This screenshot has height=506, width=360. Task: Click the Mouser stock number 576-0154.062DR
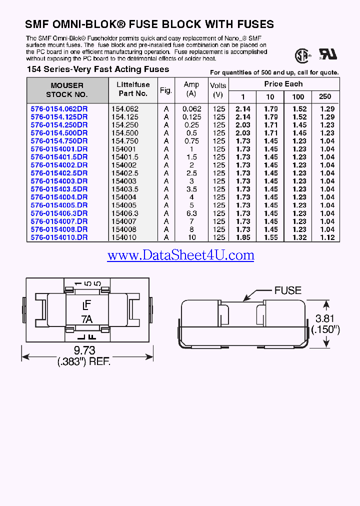click(59, 108)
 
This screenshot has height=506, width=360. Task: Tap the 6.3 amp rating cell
click(191, 213)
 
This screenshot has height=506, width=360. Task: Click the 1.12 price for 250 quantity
click(327, 237)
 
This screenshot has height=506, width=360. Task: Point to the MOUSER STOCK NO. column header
click(67, 90)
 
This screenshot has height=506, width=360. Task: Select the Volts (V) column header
click(218, 90)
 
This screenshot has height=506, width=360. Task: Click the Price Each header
click(283, 84)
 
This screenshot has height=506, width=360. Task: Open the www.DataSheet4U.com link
click(180, 255)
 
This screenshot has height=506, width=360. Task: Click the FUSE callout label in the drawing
click(287, 290)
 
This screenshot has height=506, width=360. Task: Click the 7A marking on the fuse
click(86, 319)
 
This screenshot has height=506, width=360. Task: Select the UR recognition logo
click(328, 54)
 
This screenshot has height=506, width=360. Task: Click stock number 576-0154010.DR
click(59, 237)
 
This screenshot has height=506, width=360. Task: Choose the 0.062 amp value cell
click(191, 108)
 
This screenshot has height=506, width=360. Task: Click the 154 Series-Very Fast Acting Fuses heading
click(97, 69)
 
